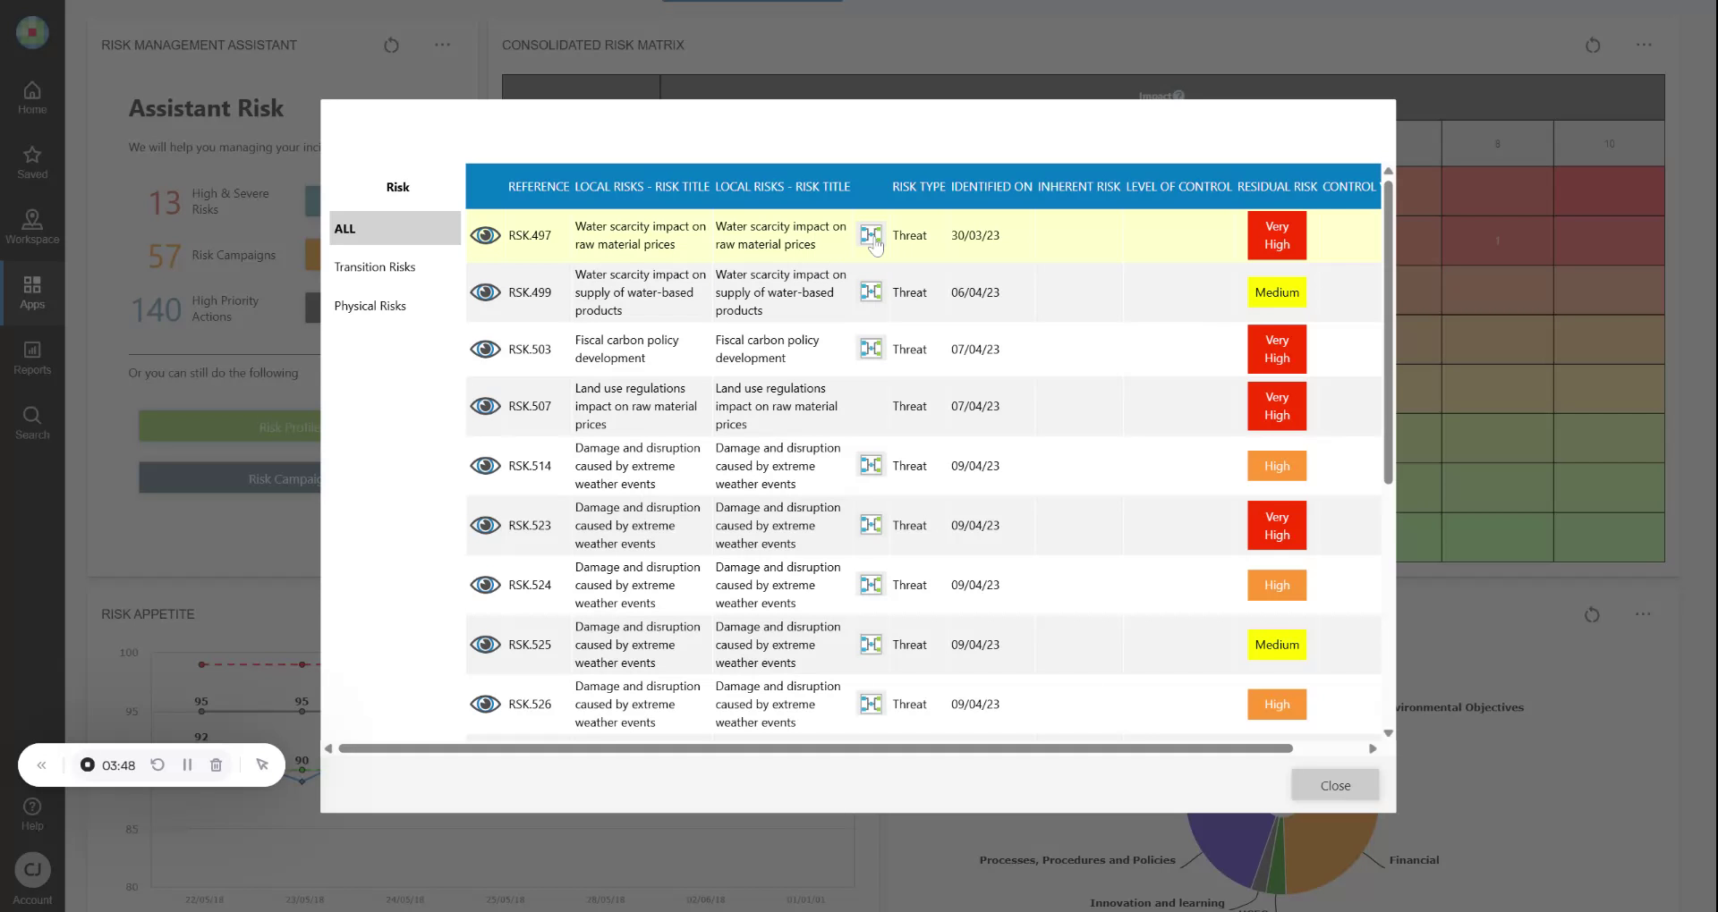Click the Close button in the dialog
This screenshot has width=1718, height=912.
1334,785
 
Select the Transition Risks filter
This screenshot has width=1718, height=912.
375,267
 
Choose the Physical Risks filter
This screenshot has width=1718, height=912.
370,306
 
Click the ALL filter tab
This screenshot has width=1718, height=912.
394,229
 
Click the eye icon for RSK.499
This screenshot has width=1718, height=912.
485,292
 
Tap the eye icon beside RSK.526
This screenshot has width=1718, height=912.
485,705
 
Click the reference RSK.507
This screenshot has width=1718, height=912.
530,406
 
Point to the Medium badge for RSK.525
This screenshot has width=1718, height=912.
1276,645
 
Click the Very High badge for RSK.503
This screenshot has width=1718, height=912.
1276,349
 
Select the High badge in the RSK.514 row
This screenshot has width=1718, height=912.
1276,466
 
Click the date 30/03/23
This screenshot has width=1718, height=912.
974,235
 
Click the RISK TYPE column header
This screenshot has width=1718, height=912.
918,187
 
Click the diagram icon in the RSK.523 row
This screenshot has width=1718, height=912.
871,525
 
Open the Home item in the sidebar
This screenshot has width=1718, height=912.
32,97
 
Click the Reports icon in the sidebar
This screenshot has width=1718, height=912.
32,357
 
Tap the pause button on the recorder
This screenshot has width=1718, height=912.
187,764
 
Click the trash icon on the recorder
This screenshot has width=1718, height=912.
216,764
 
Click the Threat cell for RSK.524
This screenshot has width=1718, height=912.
909,585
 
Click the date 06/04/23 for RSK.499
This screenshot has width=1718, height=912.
974,292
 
